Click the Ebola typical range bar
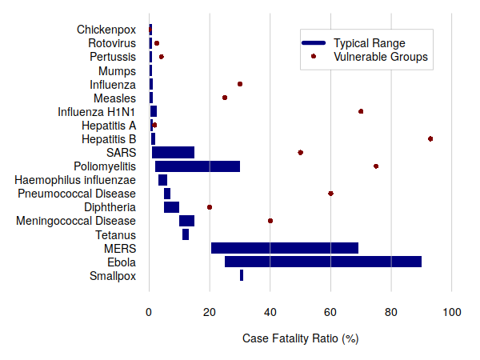pos(322,262)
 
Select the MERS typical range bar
pos(285,248)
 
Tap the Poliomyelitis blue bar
pos(198,166)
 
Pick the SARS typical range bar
pos(173,152)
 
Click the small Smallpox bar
pos(242,275)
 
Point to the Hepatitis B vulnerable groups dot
pos(430,139)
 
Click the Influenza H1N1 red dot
pos(361,111)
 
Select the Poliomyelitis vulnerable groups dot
pos(376,166)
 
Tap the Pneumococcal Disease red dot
pos(330,194)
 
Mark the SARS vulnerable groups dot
pos(300,152)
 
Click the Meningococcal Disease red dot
pos(270,221)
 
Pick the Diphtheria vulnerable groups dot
pos(210,207)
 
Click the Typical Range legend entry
pos(369,42)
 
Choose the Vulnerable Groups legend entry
pos(380,57)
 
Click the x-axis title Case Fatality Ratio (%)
pos(300,338)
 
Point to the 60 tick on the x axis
pos(330,311)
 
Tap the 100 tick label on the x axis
pos(452,311)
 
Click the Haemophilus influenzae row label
pos(75,180)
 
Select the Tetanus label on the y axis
pos(115,235)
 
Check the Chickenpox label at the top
pos(106,30)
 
